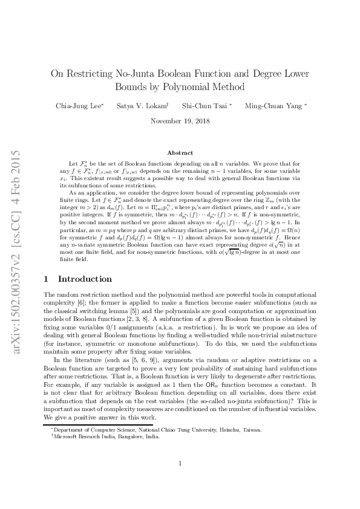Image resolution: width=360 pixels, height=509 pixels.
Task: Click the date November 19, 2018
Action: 180,121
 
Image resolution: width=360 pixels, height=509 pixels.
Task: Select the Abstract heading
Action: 180,153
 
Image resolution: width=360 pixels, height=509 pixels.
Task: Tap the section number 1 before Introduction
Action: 47,279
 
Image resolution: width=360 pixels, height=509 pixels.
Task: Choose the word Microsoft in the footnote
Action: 65,436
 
